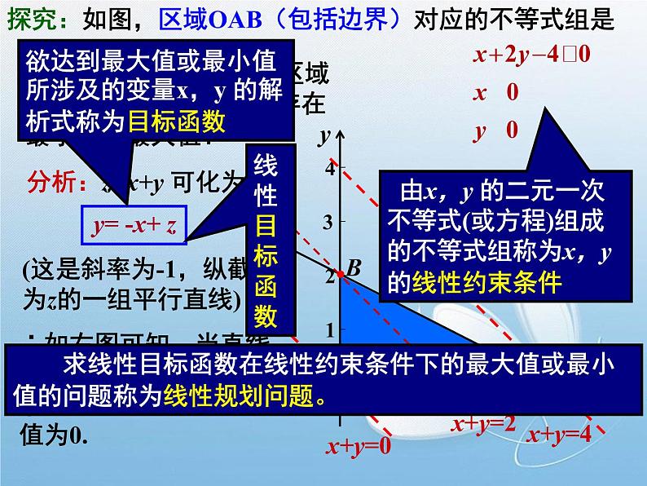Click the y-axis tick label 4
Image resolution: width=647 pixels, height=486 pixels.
(330, 169)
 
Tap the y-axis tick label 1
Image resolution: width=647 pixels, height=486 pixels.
(330, 329)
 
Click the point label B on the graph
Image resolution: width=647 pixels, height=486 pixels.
(353, 266)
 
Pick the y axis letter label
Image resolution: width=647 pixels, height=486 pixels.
(323, 134)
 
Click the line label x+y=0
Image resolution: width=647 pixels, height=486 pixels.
(359, 446)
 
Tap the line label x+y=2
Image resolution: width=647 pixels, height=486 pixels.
(484, 423)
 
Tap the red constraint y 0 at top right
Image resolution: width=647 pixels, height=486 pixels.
(495, 129)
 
